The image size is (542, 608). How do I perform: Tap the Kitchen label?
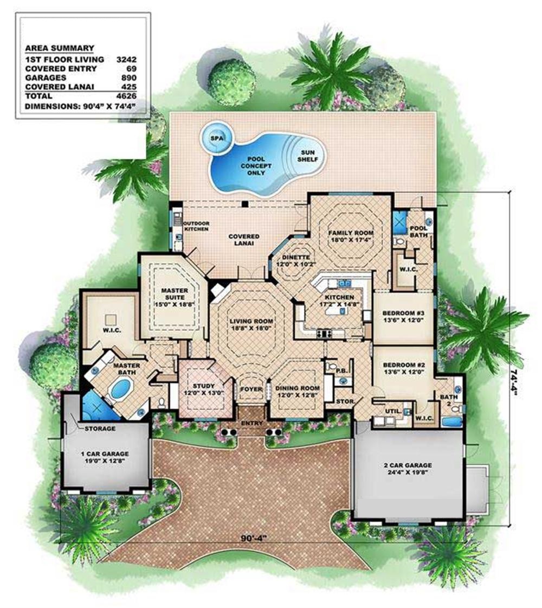pyautogui.click(x=339, y=301)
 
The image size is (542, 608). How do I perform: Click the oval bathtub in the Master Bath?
pyautogui.click(x=120, y=389)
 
